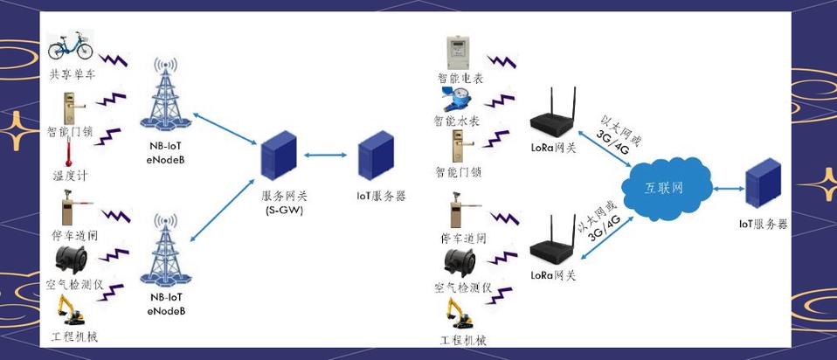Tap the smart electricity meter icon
[460, 52]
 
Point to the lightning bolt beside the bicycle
[114, 61]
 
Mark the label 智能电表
[460, 78]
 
